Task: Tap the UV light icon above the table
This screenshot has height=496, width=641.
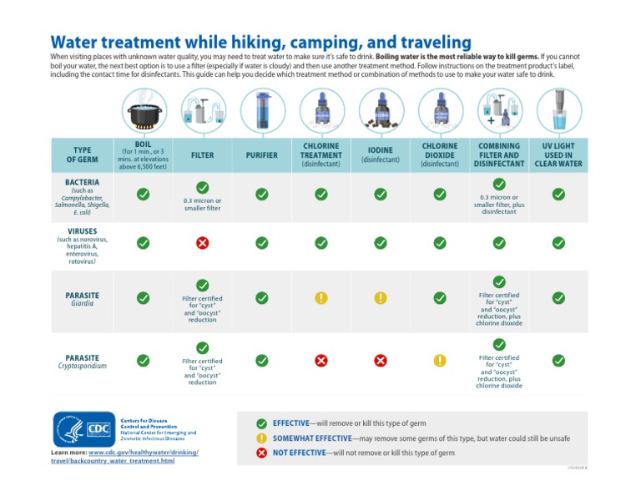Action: pyautogui.click(x=558, y=109)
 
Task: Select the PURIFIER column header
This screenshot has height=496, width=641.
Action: pyautogui.click(x=261, y=155)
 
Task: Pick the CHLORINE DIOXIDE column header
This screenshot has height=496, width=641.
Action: pyautogui.click(x=440, y=154)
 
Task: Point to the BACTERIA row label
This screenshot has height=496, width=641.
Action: pyautogui.click(x=82, y=181)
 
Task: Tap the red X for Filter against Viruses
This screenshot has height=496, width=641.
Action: pyautogui.click(x=202, y=243)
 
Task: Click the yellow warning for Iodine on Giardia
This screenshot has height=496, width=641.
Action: pyautogui.click(x=381, y=298)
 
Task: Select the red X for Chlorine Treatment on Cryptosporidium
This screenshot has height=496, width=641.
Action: pyautogui.click(x=320, y=361)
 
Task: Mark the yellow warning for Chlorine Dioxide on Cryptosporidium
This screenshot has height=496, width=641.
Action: pyautogui.click(x=440, y=361)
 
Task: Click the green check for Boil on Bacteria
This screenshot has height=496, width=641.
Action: pyautogui.click(x=143, y=194)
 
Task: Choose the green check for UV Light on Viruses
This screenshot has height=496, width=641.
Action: pyautogui.click(x=558, y=243)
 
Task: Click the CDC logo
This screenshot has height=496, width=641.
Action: pyautogui.click(x=83, y=430)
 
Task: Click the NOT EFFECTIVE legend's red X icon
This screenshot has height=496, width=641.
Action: pyautogui.click(x=262, y=453)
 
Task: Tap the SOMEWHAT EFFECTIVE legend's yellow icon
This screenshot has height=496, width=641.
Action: pyautogui.click(x=262, y=438)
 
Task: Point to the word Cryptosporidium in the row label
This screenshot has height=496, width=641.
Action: pyautogui.click(x=82, y=366)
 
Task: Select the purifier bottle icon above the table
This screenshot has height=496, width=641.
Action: pyautogui.click(x=261, y=109)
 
